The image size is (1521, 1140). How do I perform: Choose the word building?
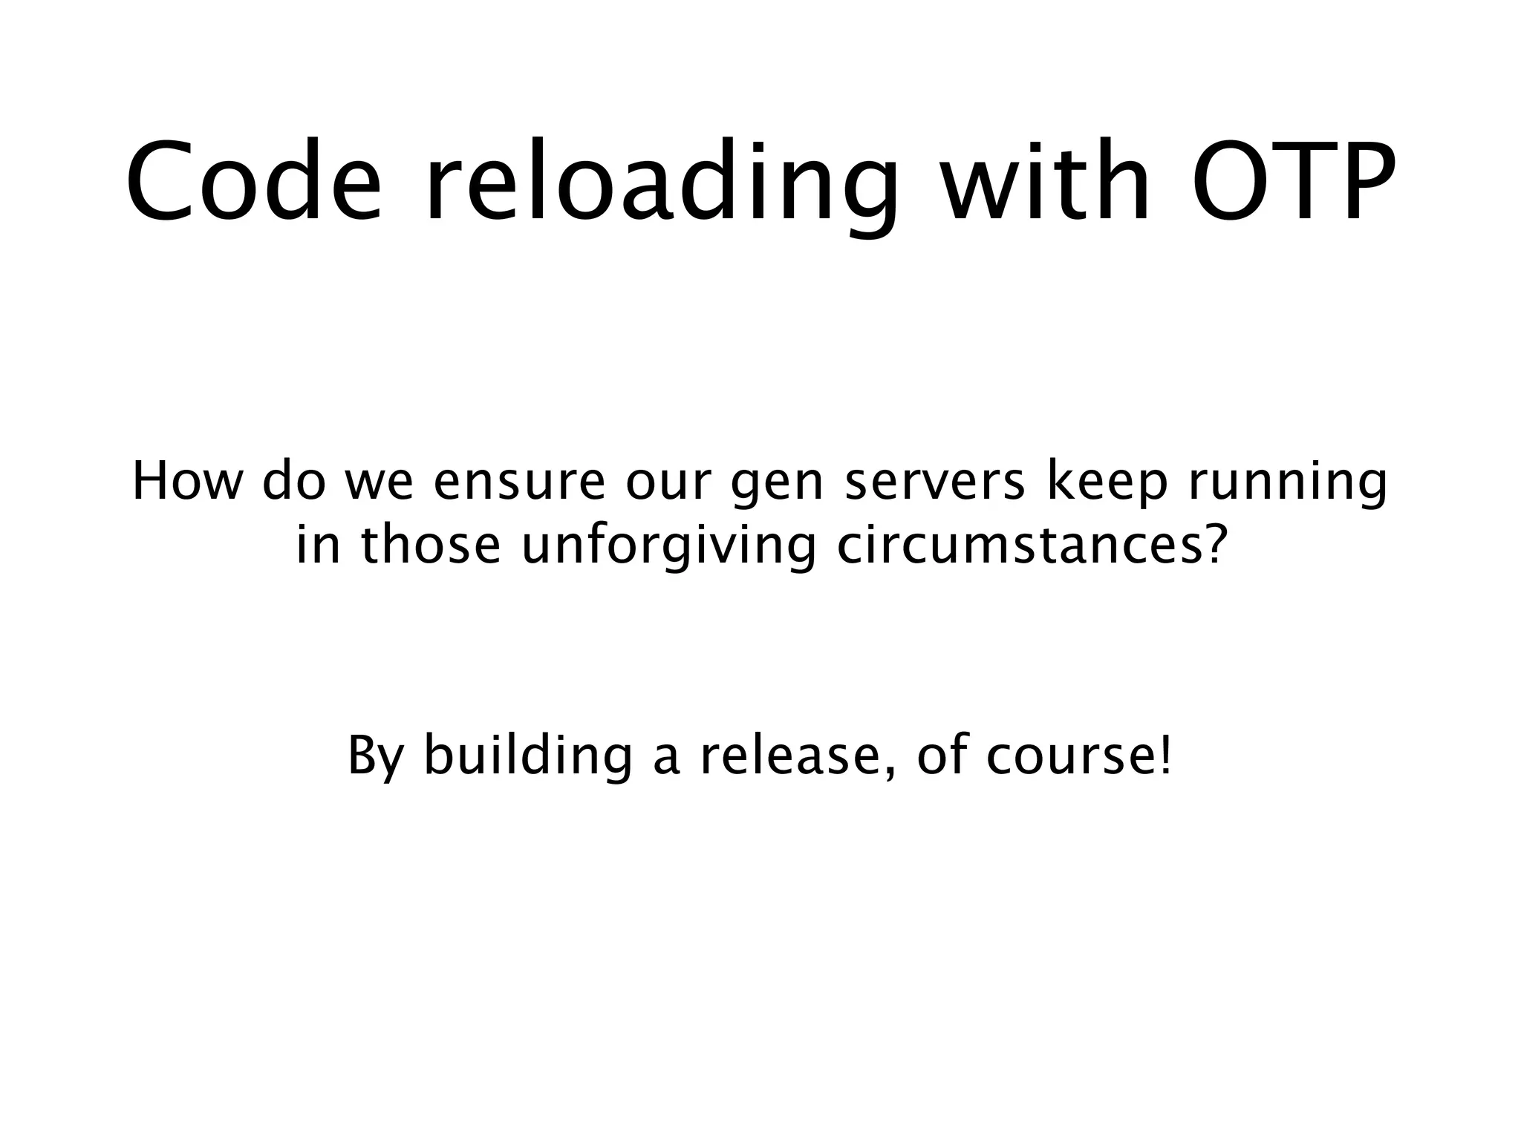click(x=527, y=758)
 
